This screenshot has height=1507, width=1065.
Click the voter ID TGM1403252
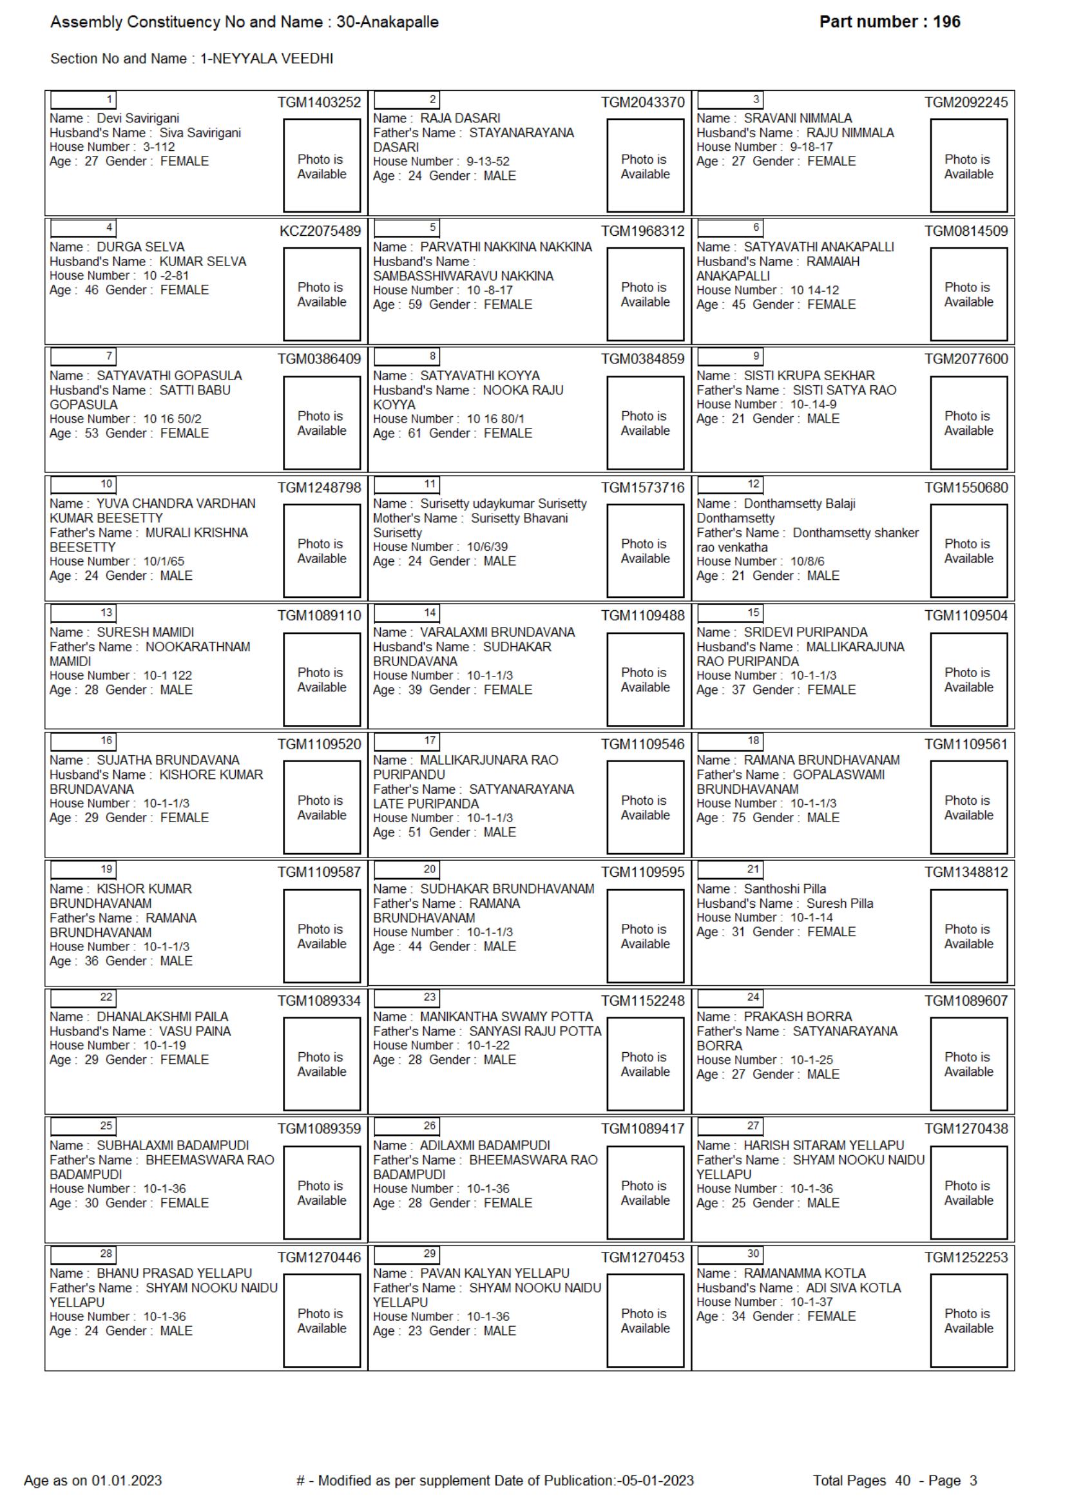coord(319,102)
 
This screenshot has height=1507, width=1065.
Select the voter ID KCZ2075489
coord(320,231)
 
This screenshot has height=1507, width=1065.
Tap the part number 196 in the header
coord(946,22)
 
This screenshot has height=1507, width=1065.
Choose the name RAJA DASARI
coord(460,118)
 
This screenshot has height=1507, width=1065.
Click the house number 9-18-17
coord(811,147)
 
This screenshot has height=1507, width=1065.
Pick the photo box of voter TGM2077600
coord(968,423)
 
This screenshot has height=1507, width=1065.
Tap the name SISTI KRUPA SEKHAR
coord(809,376)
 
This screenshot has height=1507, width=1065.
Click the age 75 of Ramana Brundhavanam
coord(738,818)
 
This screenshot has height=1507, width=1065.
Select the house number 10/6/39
coord(488,547)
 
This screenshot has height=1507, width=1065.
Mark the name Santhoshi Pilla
coord(784,888)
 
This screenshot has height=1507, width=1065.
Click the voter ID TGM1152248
coord(642,1001)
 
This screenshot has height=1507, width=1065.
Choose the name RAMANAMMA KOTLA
coord(804,1273)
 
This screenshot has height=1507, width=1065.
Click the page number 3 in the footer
coord(973,1480)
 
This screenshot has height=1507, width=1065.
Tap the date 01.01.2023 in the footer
coord(127,1480)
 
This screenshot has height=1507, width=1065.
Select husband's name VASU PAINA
coord(195,1031)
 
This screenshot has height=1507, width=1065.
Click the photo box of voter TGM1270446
coord(321,1321)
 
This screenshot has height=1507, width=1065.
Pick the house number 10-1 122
coord(168,675)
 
